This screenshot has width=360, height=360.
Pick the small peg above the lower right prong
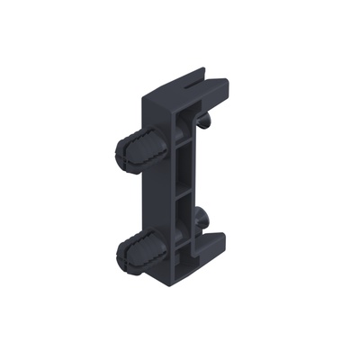tap(201, 218)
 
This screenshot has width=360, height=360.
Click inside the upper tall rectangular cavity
tap(184, 167)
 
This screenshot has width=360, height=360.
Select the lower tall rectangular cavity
tap(183, 226)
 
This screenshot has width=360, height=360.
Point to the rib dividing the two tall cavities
tap(184, 192)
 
